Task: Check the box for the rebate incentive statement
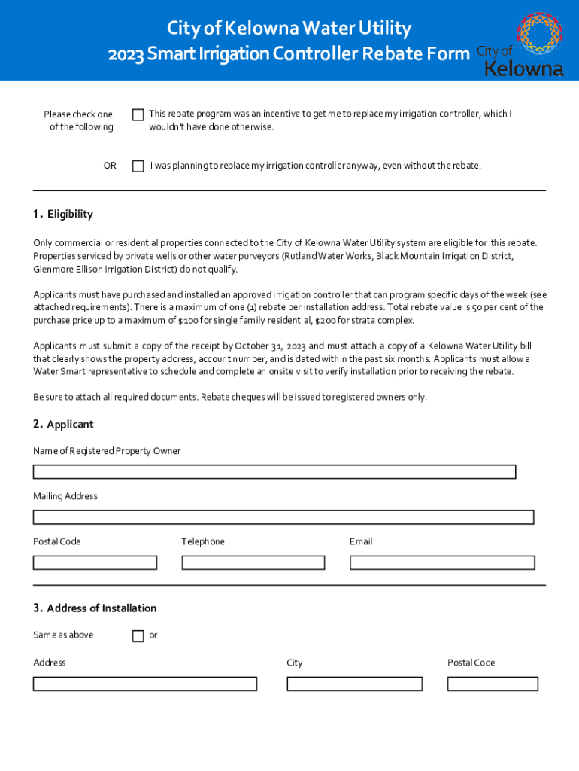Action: point(138,115)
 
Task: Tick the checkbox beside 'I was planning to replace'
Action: point(138,166)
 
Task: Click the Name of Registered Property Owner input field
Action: point(274,472)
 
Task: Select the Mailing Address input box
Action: point(283,517)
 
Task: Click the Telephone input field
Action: point(253,562)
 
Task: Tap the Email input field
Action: point(442,562)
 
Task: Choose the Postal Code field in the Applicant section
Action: point(95,562)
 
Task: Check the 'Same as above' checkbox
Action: point(138,636)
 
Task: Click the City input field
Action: point(354,684)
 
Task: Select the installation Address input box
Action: point(145,684)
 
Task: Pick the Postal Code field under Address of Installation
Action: point(493,684)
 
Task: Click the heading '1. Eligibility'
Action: point(63,215)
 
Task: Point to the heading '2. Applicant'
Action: point(63,425)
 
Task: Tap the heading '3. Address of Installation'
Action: point(95,608)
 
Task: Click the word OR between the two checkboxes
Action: point(110,166)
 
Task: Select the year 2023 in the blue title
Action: point(126,54)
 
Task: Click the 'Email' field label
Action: point(361,542)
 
